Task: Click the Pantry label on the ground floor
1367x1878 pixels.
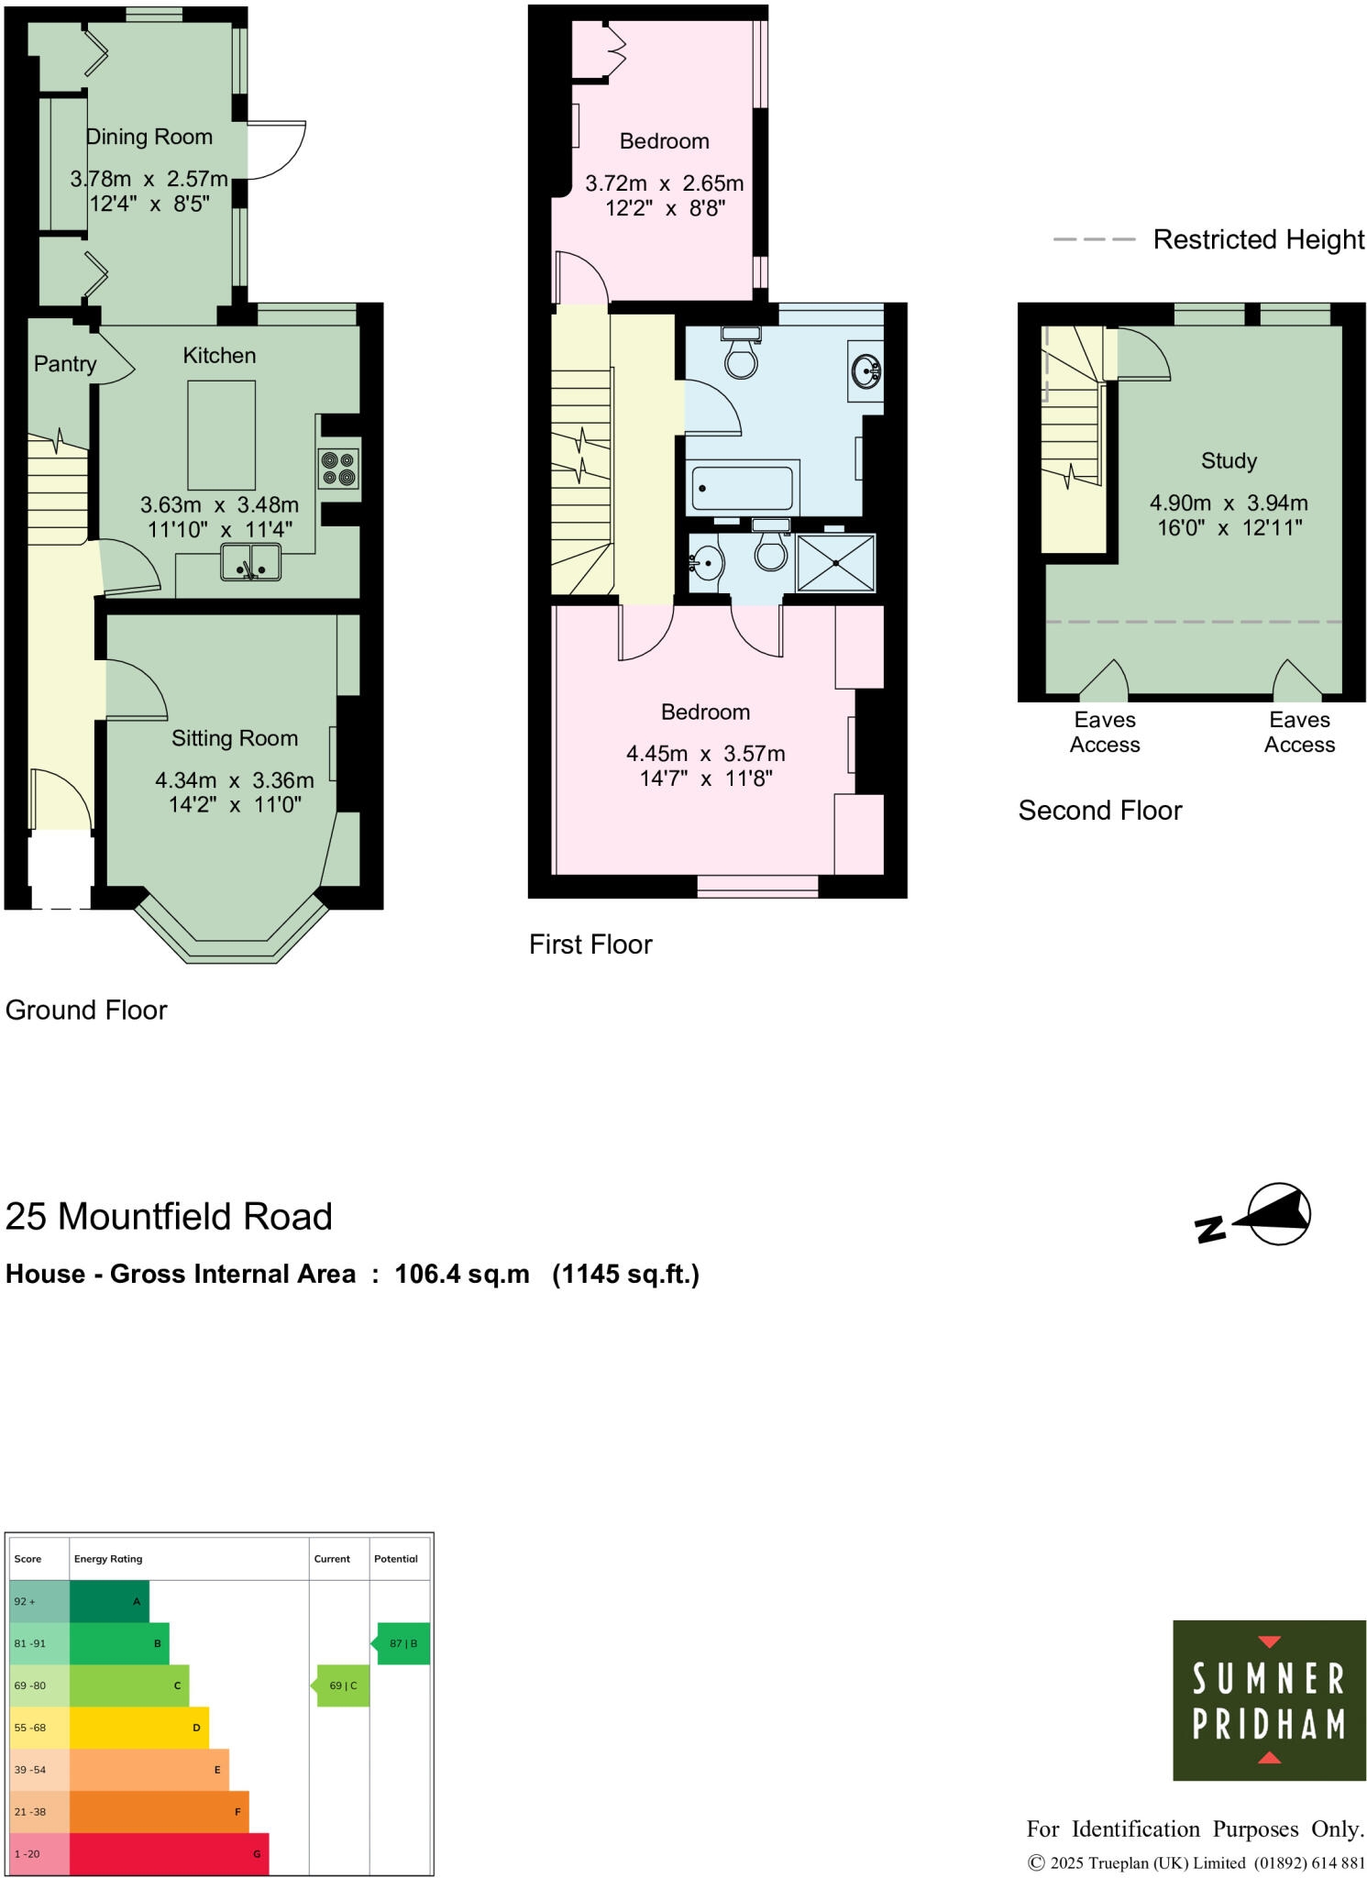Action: [64, 364]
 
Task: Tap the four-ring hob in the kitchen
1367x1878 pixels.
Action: [338, 469]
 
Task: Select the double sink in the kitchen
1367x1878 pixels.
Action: [250, 562]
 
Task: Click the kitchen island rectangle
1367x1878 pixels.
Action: [221, 436]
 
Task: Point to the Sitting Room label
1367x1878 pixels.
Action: [235, 738]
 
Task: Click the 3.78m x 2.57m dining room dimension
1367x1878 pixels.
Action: [149, 179]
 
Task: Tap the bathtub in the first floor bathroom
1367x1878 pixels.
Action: [742, 488]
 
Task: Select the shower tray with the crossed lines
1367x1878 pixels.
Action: [835, 563]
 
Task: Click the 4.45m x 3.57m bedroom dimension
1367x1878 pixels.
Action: [705, 754]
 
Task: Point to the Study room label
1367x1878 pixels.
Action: [1229, 461]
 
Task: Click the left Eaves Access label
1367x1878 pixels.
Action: [1105, 732]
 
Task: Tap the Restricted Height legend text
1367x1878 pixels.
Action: [1258, 239]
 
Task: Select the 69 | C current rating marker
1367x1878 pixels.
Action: [343, 1685]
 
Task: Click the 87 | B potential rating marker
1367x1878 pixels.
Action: [402, 1643]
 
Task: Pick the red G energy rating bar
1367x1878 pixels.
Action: [169, 1853]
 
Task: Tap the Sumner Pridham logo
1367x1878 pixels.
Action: [1269, 1700]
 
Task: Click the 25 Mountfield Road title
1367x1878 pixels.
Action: [169, 1217]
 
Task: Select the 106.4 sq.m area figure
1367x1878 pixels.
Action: [462, 1275]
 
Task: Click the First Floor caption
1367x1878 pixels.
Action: [590, 945]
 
